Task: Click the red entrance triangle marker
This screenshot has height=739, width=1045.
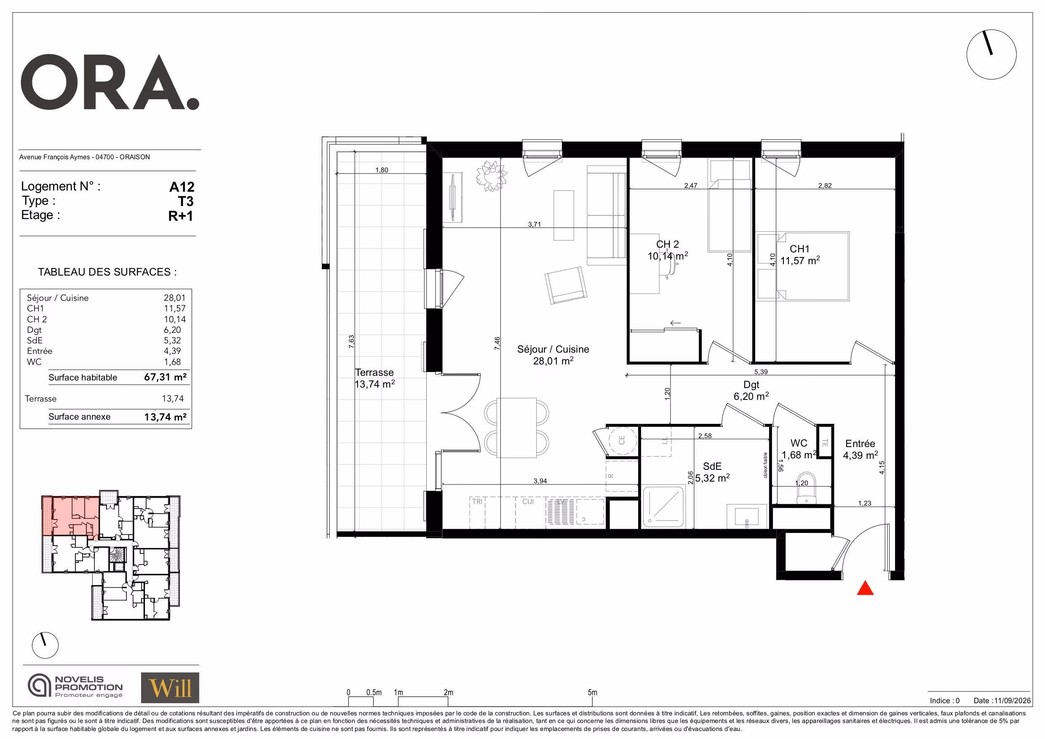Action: point(865,589)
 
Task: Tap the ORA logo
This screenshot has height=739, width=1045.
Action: point(110,83)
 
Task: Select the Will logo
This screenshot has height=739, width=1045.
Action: point(170,688)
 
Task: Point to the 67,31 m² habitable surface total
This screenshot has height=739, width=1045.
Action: point(165,377)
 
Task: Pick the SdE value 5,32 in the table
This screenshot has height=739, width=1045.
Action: point(173,340)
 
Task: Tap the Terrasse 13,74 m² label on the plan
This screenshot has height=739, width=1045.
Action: point(374,378)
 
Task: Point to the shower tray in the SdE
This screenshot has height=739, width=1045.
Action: point(663,507)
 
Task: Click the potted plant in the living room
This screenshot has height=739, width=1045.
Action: point(491,176)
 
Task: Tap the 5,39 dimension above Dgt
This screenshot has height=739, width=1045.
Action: point(761,372)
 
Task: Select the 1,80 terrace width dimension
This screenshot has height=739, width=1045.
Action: point(382,170)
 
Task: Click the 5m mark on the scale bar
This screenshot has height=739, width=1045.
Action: point(592,693)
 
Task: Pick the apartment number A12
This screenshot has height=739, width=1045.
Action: point(182,187)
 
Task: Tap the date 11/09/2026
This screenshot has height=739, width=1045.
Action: point(1012,700)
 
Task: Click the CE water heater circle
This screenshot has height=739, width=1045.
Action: point(622,440)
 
